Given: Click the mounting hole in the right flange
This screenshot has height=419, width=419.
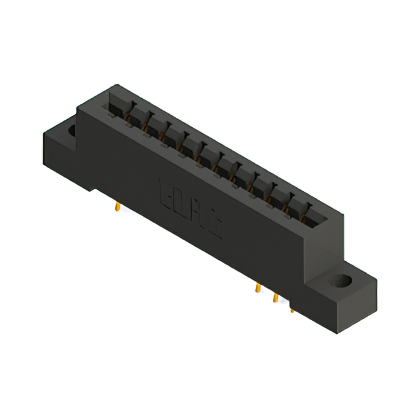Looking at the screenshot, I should tap(340, 282).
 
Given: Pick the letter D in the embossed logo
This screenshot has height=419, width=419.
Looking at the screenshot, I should tap(181, 202).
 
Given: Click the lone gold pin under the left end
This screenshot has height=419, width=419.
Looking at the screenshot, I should tap(117, 207).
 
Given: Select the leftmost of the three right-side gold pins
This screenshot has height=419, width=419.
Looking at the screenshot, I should tap(258, 289).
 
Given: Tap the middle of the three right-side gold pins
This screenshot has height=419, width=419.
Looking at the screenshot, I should tap(276, 299).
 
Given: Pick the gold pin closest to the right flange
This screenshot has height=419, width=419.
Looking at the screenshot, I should tap(293, 308).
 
